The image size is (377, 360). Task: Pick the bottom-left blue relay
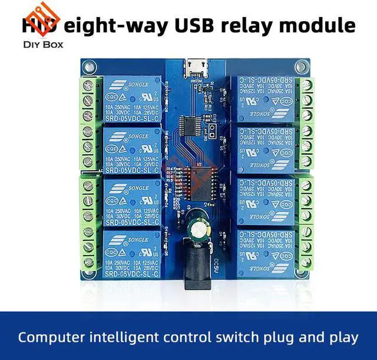point(133,254)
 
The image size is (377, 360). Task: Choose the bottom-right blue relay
point(263,254)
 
